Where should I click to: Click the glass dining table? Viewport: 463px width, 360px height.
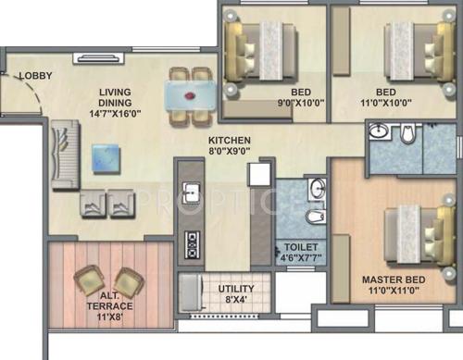click(191, 95)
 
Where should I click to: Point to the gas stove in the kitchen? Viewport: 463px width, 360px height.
click(193, 244)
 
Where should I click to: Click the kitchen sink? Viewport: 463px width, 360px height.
click(192, 193)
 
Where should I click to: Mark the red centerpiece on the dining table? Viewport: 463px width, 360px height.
click(192, 94)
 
